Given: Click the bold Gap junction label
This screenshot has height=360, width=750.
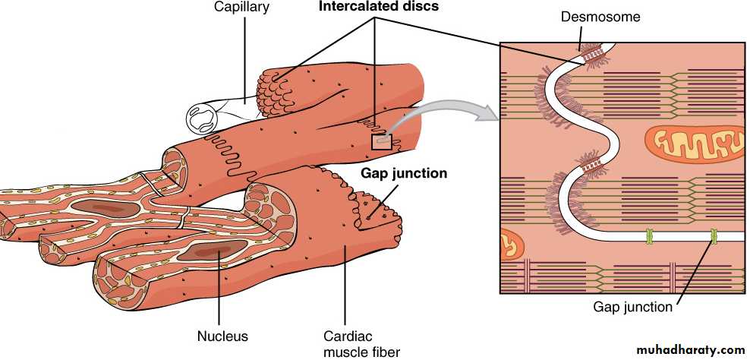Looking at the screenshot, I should [403, 173].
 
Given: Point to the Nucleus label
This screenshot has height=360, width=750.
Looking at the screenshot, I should [222, 335].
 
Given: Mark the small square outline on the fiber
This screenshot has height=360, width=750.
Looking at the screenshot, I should [381, 141].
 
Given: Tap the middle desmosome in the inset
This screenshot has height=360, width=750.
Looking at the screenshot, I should [590, 161].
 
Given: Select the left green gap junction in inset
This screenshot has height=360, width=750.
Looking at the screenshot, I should [649, 237].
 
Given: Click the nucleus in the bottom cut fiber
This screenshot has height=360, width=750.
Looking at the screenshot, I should [208, 253].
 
